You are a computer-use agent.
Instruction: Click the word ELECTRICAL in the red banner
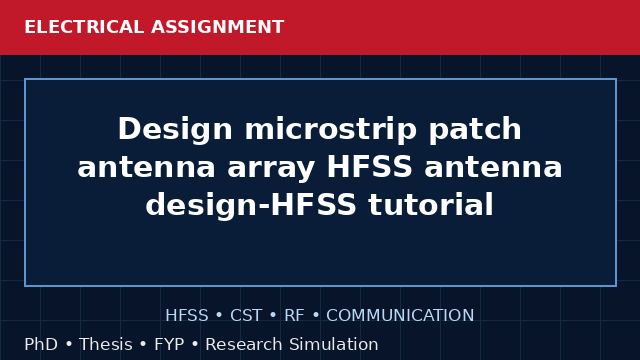coord(84,27)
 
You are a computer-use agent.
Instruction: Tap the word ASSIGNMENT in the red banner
coord(218,27)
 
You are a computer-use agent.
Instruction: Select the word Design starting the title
coord(175,130)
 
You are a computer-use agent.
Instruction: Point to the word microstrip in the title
coord(331,130)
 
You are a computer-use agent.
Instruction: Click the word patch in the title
coord(475,130)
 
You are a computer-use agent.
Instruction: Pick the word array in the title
coord(271,168)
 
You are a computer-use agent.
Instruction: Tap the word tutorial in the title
coord(431,204)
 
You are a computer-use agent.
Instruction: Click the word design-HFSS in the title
coord(251,206)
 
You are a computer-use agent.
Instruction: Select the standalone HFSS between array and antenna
coord(370,167)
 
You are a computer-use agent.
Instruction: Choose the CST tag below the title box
coord(246,316)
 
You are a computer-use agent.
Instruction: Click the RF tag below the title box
coord(294,316)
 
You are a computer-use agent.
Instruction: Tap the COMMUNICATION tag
coord(400,316)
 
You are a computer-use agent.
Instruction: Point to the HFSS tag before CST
coord(187,316)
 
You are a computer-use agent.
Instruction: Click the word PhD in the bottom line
coord(41,344)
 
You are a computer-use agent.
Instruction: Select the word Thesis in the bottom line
coord(106,344)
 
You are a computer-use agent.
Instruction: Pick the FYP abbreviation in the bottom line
coord(169,344)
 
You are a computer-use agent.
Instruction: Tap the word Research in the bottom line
coord(244,344)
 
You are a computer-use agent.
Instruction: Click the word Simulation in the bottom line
coord(334,344)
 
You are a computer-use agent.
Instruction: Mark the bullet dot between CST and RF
coord(273,316)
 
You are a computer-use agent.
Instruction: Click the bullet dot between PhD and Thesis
coord(69,344)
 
